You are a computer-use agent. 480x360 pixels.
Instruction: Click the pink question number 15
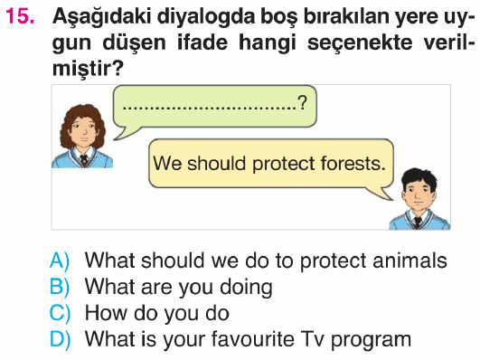(x=20, y=16)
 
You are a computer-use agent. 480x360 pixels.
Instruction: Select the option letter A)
(x=60, y=261)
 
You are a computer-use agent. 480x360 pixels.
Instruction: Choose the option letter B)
(x=60, y=287)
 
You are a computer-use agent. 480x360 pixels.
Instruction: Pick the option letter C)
(x=60, y=313)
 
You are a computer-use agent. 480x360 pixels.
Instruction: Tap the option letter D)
(x=60, y=339)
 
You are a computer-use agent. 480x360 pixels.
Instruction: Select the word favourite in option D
(x=253, y=339)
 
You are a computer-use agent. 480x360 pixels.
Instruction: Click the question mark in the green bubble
(x=302, y=102)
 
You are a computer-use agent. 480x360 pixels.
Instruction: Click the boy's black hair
(x=419, y=179)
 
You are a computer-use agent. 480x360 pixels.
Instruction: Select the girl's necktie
(x=83, y=160)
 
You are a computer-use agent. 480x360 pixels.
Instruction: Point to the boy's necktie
(x=417, y=223)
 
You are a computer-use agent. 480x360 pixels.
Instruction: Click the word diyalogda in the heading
(x=206, y=16)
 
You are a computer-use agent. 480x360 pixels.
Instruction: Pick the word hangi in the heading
(x=268, y=43)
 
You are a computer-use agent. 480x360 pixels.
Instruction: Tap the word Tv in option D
(x=313, y=339)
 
